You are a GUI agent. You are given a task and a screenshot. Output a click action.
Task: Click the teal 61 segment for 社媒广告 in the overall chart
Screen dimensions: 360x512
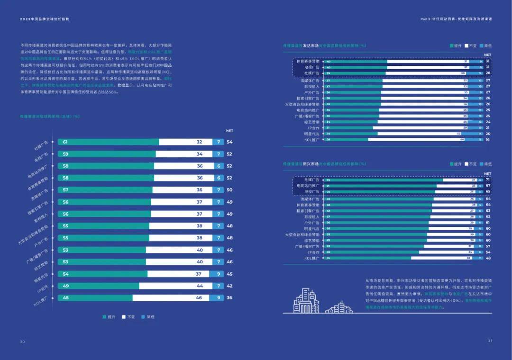[108, 142]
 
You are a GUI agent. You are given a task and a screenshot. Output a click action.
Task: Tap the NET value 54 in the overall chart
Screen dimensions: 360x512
[229, 142]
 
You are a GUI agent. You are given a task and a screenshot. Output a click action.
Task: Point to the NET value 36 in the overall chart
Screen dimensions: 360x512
[229, 298]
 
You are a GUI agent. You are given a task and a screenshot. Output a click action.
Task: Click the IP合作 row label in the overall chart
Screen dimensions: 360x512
[43, 289]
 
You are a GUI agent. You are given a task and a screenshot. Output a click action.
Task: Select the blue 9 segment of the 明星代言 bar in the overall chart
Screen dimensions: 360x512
[218, 274]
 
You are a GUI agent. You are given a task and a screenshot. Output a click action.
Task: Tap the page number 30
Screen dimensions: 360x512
[22, 342]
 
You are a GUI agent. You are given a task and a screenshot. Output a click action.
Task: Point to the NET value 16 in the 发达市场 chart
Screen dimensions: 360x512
[487, 140]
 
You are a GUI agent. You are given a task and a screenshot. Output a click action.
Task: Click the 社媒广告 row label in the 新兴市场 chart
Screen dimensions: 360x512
[311, 180]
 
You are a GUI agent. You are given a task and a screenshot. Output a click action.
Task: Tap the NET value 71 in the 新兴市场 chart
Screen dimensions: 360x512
[487, 180]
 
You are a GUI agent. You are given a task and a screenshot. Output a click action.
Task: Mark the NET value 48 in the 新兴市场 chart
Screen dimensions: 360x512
[487, 258]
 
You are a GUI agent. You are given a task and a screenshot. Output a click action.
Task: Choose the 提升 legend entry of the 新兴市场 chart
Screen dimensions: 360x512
[455, 164]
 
